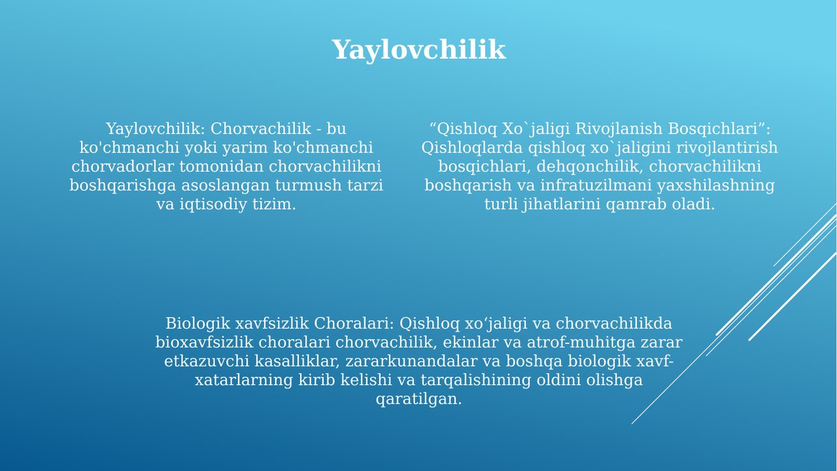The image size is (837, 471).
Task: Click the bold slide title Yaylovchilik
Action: coord(418,50)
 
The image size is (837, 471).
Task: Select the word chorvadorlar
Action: coord(122,166)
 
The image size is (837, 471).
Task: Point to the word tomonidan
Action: coord(222,166)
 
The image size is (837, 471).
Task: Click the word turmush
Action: coord(308,185)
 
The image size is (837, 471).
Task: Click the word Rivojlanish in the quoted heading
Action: coord(619,129)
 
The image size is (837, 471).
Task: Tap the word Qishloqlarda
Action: coord(472,148)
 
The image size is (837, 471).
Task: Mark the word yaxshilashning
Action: coord(715,186)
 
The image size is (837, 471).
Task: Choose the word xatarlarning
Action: coord(244,381)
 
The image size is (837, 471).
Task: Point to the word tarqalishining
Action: coord(475,381)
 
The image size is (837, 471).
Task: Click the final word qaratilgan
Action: coord(418,400)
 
